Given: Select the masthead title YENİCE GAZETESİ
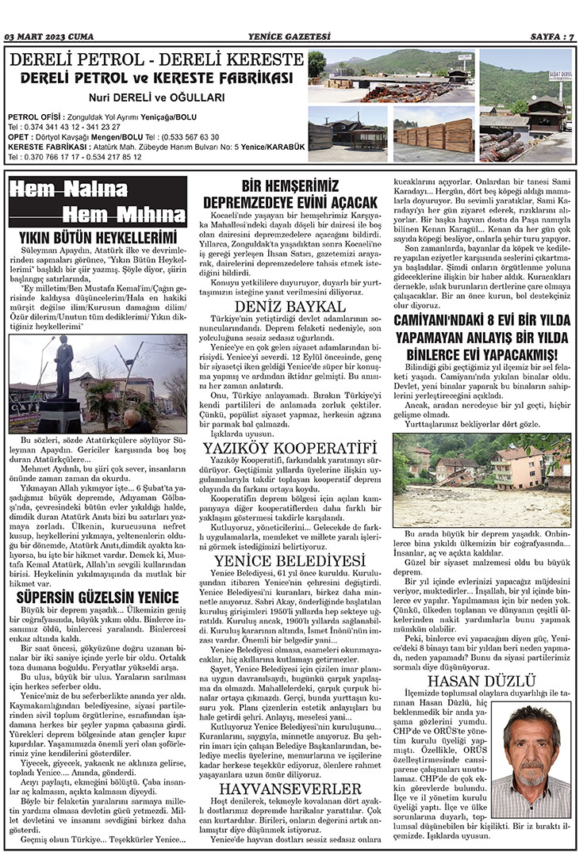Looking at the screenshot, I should click(x=293, y=36).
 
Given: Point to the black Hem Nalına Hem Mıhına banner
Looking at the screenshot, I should click(x=98, y=202).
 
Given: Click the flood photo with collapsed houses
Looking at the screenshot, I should click(x=481, y=479).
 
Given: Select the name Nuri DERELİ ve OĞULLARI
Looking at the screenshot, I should click(x=155, y=97).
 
